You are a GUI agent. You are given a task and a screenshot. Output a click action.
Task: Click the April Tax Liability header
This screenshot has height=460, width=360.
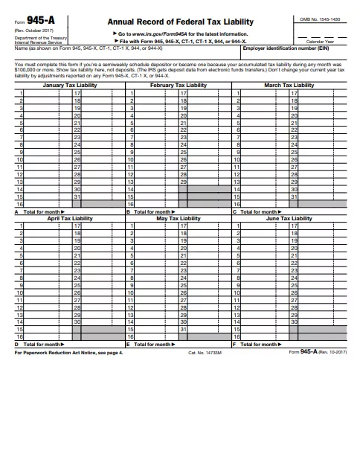coord(70,219)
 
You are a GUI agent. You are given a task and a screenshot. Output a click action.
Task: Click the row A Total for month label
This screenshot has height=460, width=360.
coord(42,212)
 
